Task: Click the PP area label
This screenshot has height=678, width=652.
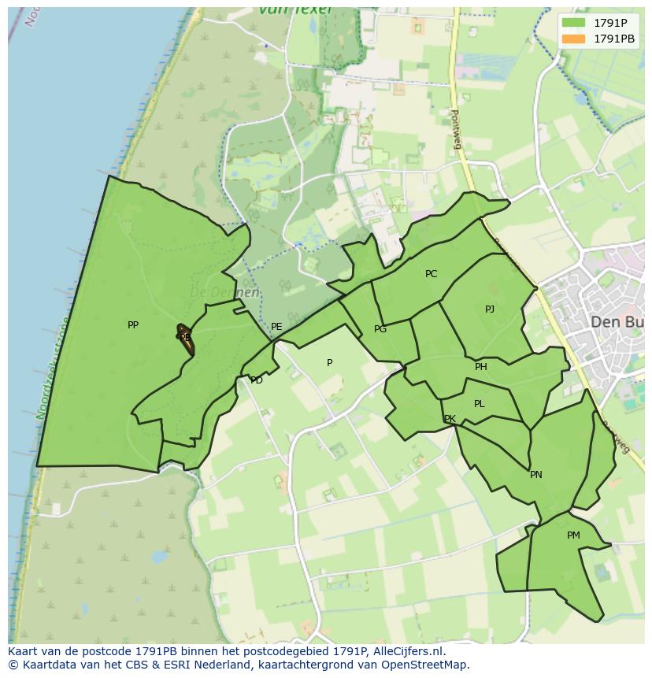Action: [x=132, y=324]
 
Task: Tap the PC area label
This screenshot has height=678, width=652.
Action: [x=431, y=274]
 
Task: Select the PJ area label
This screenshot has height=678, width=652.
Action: [x=490, y=309]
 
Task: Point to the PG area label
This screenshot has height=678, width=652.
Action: [x=380, y=329]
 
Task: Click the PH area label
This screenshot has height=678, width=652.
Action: [x=481, y=367]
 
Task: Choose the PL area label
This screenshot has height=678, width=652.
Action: [x=480, y=404]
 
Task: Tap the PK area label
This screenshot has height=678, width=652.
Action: [x=450, y=419]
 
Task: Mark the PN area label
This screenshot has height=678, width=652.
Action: [x=536, y=475]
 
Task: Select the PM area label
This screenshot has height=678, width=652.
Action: [x=573, y=535]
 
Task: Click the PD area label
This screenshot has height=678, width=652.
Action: [x=257, y=380]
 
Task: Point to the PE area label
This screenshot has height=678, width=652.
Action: [x=276, y=327]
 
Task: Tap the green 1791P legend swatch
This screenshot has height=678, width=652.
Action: [x=574, y=23]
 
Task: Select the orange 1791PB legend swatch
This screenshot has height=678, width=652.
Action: [x=574, y=39]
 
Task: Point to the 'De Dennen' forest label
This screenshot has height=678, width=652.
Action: [x=224, y=292]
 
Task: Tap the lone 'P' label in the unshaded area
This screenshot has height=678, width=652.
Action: [x=330, y=363]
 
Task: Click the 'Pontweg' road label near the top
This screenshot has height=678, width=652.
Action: [x=455, y=125]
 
